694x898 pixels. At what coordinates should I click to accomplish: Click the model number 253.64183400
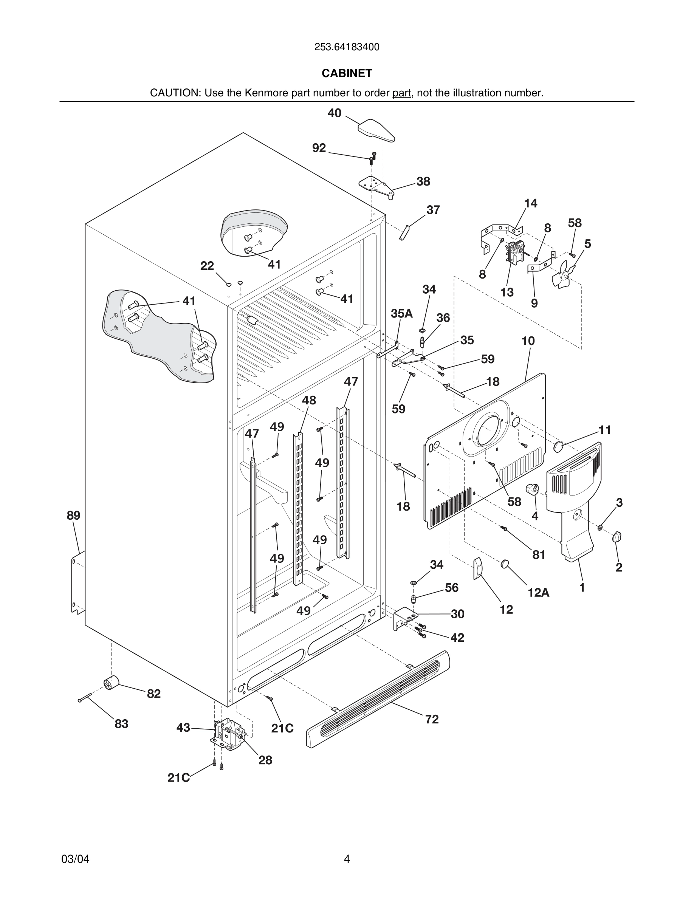(347, 47)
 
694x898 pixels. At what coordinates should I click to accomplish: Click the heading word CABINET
(347, 73)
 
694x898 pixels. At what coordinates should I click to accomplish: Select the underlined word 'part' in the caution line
(401, 93)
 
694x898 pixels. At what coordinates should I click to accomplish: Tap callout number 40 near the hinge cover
(334, 113)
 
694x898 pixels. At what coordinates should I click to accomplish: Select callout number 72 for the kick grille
(432, 719)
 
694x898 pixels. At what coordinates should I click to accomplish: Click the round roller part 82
(111, 683)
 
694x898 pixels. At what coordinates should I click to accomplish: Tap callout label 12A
(538, 593)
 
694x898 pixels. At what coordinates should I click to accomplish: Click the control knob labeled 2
(617, 537)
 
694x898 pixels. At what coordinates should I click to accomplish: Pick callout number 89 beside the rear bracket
(74, 515)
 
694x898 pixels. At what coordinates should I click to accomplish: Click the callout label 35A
(401, 314)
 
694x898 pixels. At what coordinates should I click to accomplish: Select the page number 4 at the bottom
(347, 859)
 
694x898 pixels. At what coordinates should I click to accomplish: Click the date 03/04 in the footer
(75, 859)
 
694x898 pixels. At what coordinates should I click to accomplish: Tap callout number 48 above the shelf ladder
(309, 400)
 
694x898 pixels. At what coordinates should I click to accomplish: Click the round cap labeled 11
(558, 446)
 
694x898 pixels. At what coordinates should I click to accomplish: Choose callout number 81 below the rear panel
(539, 555)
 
